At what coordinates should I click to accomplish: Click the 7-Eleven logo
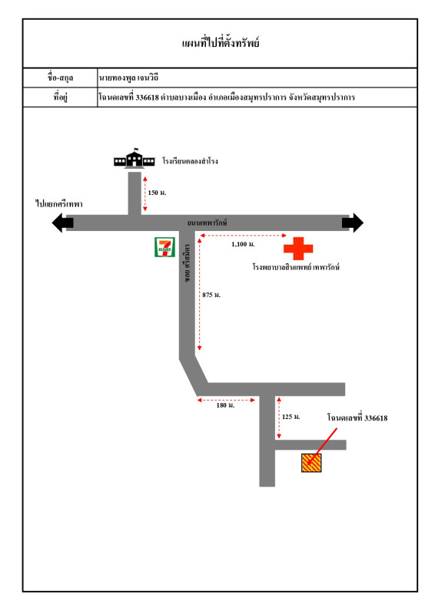pyautogui.click(x=164, y=247)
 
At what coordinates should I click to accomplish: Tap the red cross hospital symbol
pyautogui.click(x=298, y=248)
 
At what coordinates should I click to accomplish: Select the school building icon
pyautogui.click(x=134, y=159)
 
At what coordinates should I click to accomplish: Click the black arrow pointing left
pyautogui.click(x=63, y=223)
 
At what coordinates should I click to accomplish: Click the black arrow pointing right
pyautogui.click(x=353, y=223)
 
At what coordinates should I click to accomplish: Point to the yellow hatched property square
pyautogui.click(x=311, y=463)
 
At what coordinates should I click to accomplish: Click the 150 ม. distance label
pyautogui.click(x=157, y=193)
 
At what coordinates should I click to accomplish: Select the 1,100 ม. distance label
pyautogui.click(x=243, y=244)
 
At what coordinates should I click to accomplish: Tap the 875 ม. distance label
pyautogui.click(x=211, y=295)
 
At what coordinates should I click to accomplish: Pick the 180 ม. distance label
pyautogui.click(x=225, y=405)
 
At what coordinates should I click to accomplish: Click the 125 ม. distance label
pyautogui.click(x=291, y=417)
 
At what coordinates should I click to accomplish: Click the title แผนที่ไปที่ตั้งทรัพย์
pyautogui.click(x=221, y=43)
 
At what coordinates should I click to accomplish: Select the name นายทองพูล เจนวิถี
pyautogui.click(x=128, y=78)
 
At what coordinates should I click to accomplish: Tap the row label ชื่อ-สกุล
pyautogui.click(x=61, y=78)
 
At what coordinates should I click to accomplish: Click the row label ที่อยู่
pyautogui.click(x=61, y=97)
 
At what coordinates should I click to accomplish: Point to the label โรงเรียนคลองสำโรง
pyautogui.click(x=191, y=161)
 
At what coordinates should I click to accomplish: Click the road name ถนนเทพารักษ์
pyautogui.click(x=207, y=223)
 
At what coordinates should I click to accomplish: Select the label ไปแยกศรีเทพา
pyautogui.click(x=59, y=204)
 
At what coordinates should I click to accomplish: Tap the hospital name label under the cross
pyautogui.click(x=296, y=267)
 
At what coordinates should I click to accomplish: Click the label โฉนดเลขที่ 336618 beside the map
pyautogui.click(x=357, y=418)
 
